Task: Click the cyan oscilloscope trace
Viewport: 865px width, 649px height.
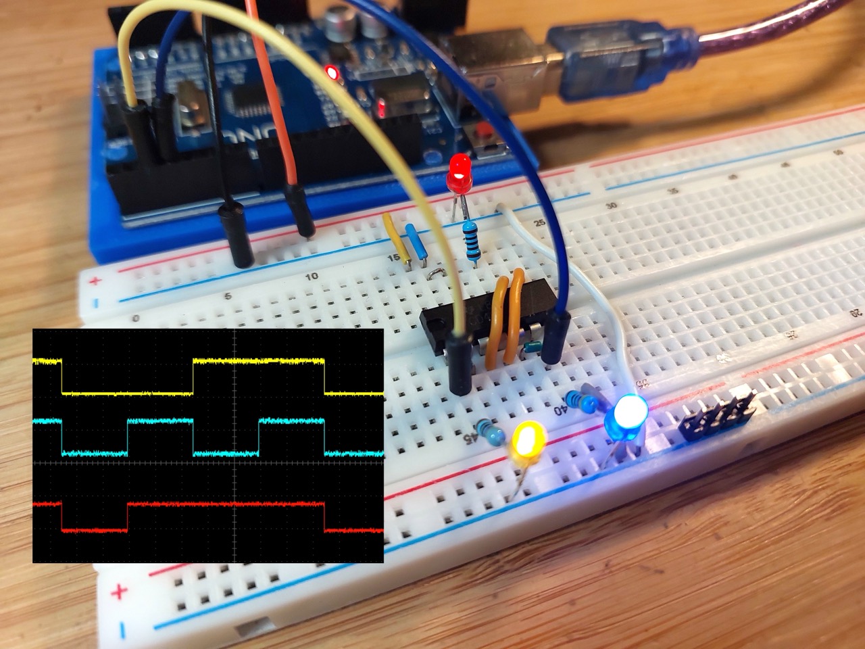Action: [x=159, y=420]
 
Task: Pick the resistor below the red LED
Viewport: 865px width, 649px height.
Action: [x=472, y=240]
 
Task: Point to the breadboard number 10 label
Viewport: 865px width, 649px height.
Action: [x=312, y=277]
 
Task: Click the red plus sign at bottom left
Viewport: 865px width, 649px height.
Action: [x=119, y=593]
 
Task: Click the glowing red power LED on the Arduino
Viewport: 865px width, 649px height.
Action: [x=332, y=72]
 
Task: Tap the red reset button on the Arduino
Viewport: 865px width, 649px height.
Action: [x=485, y=132]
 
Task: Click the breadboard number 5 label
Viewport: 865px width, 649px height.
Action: [x=228, y=296]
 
